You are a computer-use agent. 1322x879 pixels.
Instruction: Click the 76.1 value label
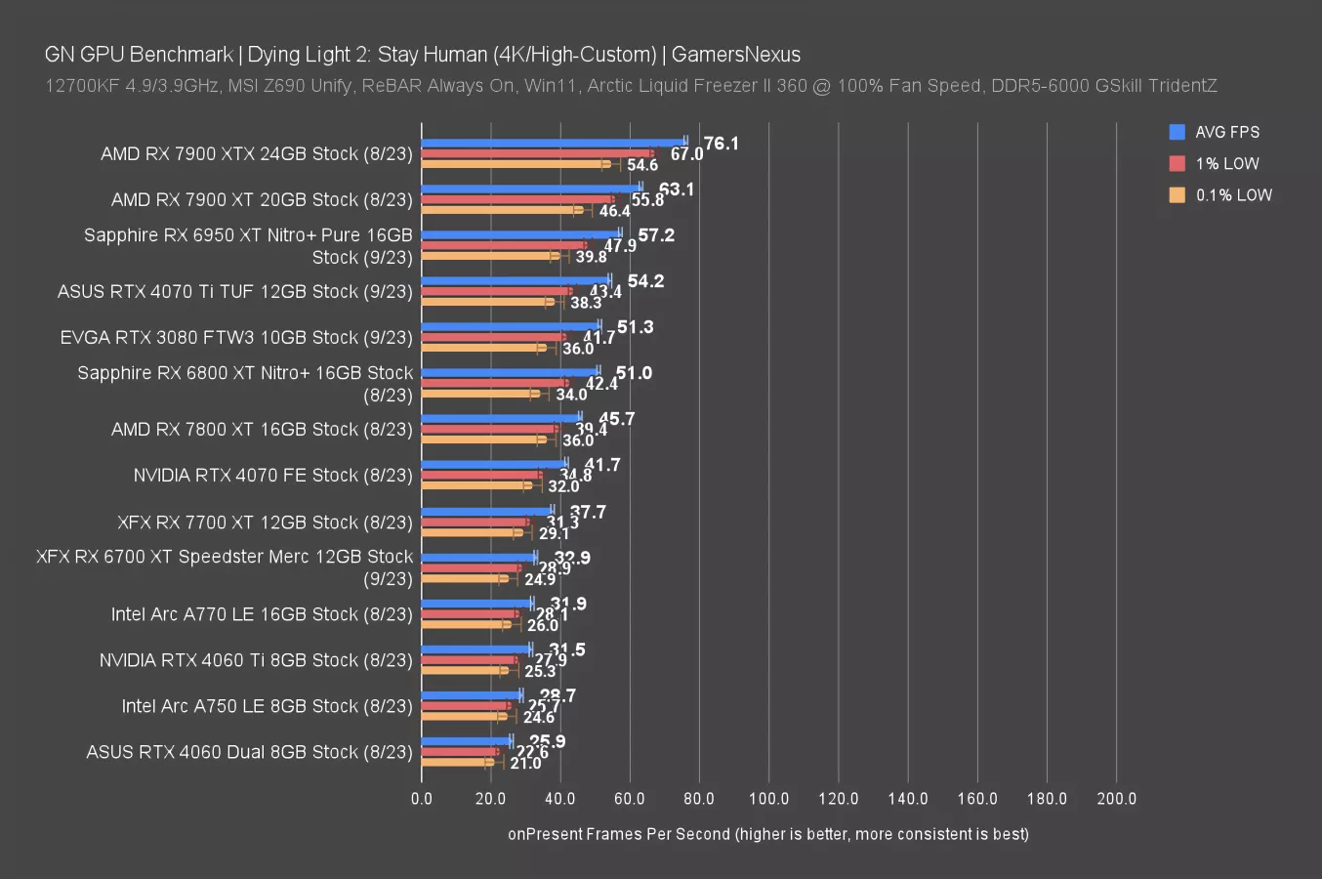[x=721, y=144]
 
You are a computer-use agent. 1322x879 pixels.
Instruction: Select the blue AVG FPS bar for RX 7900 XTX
[x=554, y=142]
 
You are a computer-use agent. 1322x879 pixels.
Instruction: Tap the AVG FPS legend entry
[x=1226, y=132]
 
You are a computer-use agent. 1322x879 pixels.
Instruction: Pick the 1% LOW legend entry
[x=1226, y=163]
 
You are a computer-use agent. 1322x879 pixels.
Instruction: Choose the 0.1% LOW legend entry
[x=1233, y=194]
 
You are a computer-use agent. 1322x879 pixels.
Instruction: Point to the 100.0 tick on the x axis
[x=768, y=798]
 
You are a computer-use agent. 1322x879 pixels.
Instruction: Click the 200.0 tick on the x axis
[x=1116, y=798]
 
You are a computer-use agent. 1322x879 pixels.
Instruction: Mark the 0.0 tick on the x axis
[x=422, y=798]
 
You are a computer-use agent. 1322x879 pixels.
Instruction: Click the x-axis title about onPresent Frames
[x=767, y=834]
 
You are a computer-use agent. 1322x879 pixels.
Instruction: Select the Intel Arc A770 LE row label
[x=262, y=614]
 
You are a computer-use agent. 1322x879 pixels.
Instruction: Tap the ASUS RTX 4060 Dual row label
[x=249, y=752]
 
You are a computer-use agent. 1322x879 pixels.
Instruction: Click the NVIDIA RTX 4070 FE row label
[x=273, y=476]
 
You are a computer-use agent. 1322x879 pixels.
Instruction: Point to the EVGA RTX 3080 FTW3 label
[x=236, y=338]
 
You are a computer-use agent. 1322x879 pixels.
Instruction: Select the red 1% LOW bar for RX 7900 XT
[x=517, y=199]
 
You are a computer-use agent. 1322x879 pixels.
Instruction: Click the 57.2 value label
[x=656, y=235]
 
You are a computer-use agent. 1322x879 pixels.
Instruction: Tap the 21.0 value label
[x=525, y=764]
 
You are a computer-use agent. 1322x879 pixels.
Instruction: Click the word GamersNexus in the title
[x=735, y=55]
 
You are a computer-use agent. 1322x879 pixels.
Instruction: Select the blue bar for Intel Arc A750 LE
[x=472, y=694]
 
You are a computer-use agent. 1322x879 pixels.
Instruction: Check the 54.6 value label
[x=642, y=165]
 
